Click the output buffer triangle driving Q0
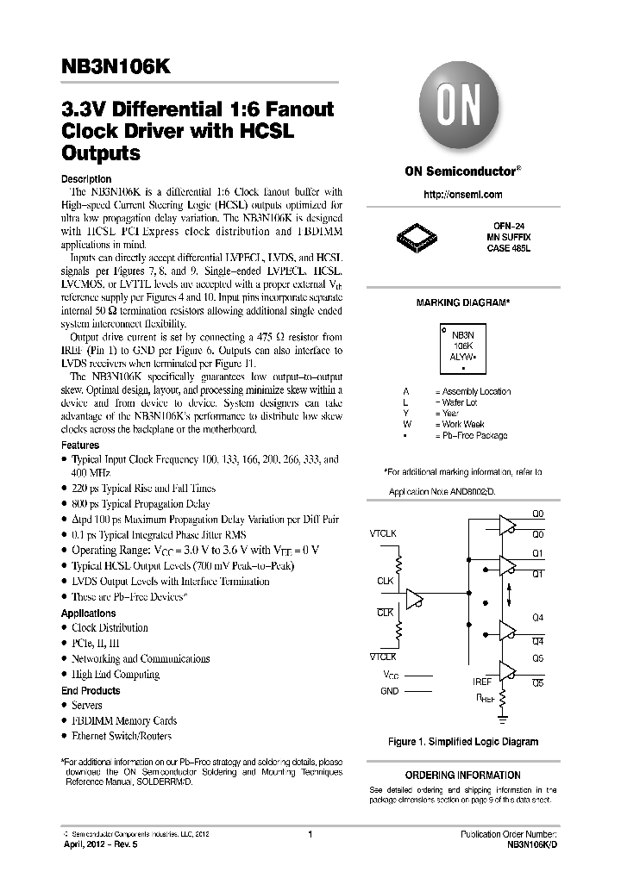pos(507,524)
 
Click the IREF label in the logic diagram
pos(482,681)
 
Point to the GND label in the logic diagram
pos(390,691)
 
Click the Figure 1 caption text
pos(463,742)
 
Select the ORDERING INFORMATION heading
pos(463,775)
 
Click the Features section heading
pos(80,445)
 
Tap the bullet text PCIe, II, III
pos(96,643)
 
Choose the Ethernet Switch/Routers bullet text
pos(122,736)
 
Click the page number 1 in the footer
pos(310,834)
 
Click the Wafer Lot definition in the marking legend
pos(465,402)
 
